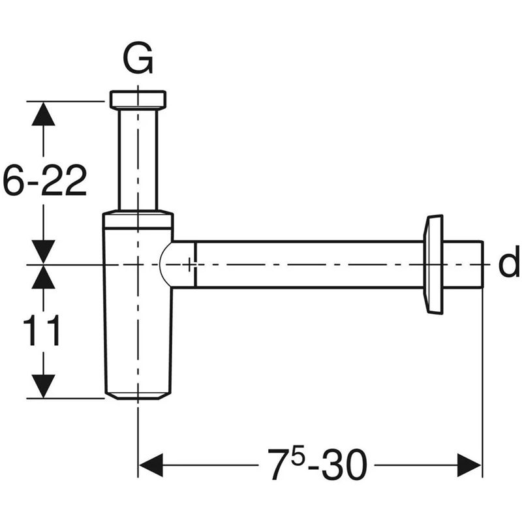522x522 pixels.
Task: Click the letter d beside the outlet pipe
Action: [x=508, y=264]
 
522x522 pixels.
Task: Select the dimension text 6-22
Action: [x=44, y=181]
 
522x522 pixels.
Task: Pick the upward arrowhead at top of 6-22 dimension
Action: [x=44, y=114]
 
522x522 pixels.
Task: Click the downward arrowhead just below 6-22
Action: [x=44, y=251]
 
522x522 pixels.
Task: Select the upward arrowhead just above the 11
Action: [x=44, y=277]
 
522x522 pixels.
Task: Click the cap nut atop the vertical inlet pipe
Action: [x=138, y=99]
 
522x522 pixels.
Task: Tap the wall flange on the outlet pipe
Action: [x=433, y=264]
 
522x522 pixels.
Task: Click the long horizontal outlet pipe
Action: [x=307, y=264]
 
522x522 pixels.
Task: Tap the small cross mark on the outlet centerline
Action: [x=190, y=265]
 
